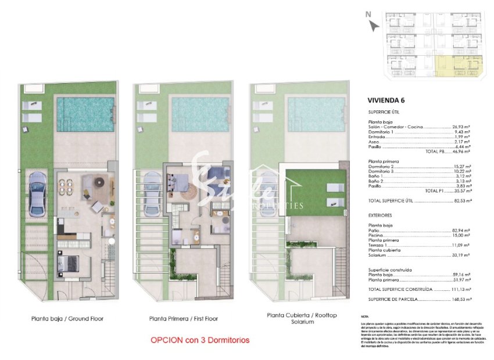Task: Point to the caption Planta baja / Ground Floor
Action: coord(67,318)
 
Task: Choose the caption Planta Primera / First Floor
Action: coord(182,318)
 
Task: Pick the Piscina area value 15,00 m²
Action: coord(461,235)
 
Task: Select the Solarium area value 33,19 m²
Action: coord(461,254)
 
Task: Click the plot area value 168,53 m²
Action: coord(461,299)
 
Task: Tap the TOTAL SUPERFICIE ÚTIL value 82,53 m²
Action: coord(461,200)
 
